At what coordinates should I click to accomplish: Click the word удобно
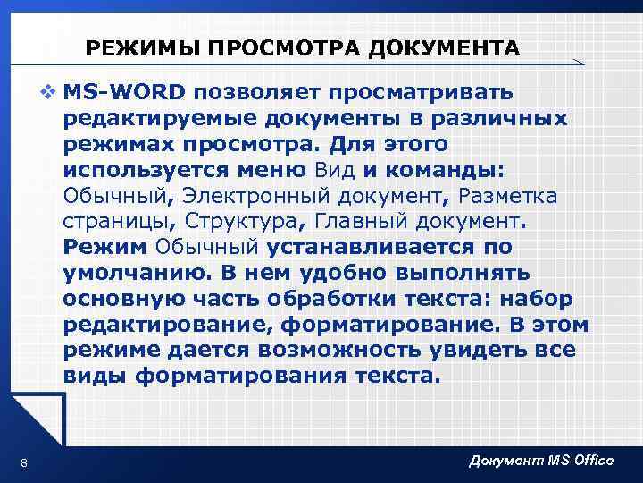tap(307, 272)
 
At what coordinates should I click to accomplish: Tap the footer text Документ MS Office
tap(540, 460)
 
